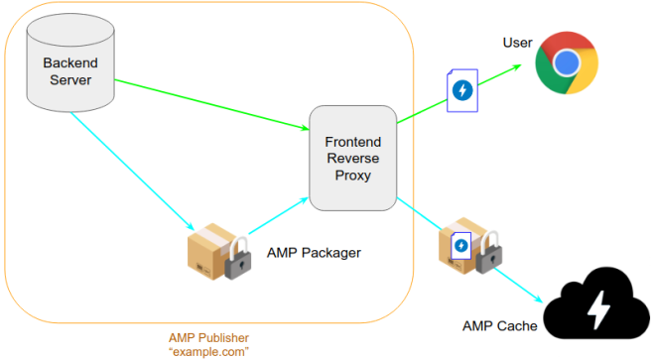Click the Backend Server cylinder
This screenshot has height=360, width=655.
[x=68, y=69]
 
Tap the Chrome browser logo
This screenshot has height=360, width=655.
[x=567, y=64]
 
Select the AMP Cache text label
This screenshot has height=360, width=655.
[x=500, y=325]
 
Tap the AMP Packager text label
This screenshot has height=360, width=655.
[x=314, y=253]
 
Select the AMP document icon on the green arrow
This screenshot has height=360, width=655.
[x=461, y=90]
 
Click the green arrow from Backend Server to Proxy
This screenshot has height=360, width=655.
[x=208, y=102]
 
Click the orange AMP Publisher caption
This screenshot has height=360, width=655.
[x=208, y=337]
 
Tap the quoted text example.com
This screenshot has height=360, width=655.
[x=208, y=351]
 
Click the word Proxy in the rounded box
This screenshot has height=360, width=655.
[x=352, y=176]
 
